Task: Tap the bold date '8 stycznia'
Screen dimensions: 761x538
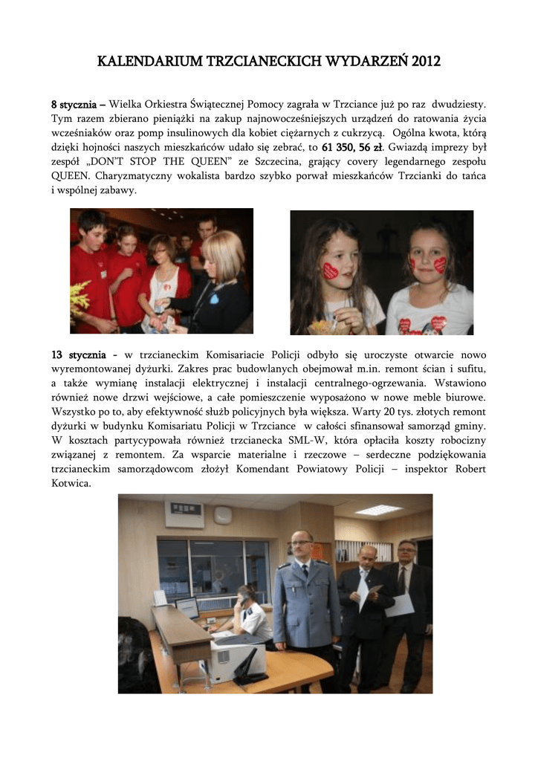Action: [78, 105]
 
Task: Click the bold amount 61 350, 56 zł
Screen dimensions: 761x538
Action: [342, 146]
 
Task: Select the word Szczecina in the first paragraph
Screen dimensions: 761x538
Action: [276, 163]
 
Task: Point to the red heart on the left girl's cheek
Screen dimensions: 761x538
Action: [330, 271]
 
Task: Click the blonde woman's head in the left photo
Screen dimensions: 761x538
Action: [222, 253]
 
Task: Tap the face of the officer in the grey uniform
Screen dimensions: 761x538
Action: [302, 546]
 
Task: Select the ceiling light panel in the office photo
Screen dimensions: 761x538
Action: [378, 510]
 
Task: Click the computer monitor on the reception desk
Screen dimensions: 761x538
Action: [187, 606]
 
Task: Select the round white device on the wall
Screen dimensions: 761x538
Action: [221, 514]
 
